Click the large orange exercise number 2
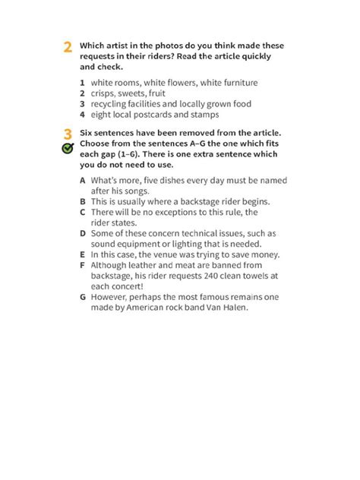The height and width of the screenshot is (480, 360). point(68,48)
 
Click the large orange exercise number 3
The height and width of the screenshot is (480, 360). point(68,134)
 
